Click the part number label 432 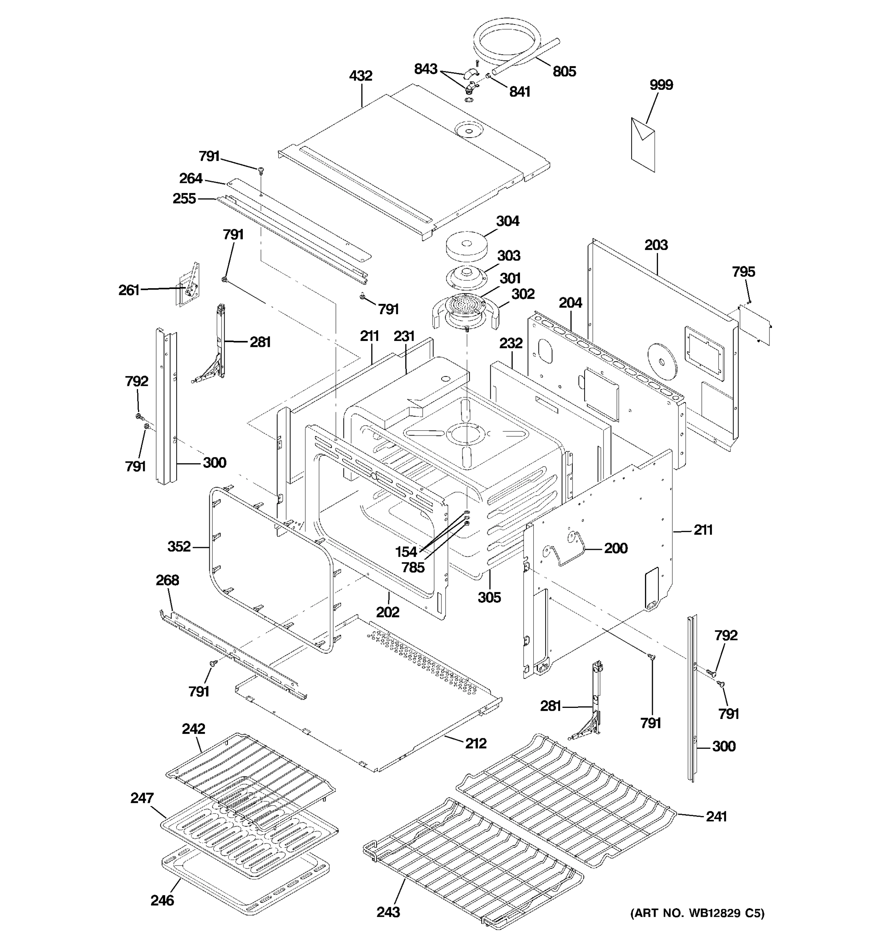(360, 76)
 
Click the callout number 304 (507, 221)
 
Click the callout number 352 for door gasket (179, 546)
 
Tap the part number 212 (476, 743)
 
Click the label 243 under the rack (388, 912)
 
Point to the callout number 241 (716, 817)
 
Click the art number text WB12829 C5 (697, 912)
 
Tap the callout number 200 (616, 548)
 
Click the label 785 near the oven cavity (413, 567)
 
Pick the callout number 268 (168, 580)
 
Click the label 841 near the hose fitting (520, 91)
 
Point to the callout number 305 (489, 597)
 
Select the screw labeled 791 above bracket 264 (261, 169)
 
